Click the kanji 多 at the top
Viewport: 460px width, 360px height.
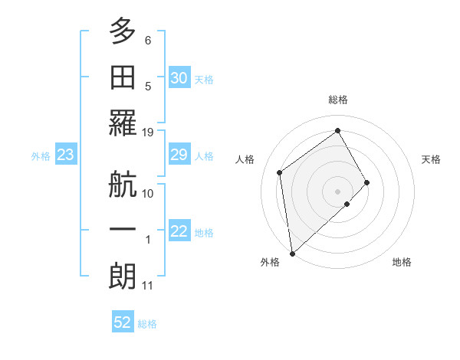click(123, 32)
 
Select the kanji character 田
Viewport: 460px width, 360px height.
click(123, 77)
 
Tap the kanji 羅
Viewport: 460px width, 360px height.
click(123, 123)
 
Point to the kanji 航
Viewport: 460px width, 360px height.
click(123, 185)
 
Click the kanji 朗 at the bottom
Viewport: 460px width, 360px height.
click(123, 277)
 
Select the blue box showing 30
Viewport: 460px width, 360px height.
click(179, 78)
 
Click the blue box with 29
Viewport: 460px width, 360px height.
click(179, 155)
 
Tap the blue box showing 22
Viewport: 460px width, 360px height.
click(179, 232)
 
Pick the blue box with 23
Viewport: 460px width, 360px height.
click(65, 155)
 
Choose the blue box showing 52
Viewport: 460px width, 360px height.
click(123, 322)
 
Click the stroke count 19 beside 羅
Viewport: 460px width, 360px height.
click(148, 132)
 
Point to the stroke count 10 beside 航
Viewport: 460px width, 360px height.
click(148, 193)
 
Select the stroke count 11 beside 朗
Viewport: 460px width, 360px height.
click(148, 286)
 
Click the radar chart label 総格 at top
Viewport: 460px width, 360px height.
click(338, 100)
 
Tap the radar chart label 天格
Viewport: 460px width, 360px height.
click(432, 159)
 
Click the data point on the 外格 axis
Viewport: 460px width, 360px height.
click(292, 253)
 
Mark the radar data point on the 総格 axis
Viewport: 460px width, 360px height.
click(337, 130)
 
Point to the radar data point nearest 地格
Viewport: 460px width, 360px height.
click(347, 204)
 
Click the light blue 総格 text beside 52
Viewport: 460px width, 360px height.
click(147, 324)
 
